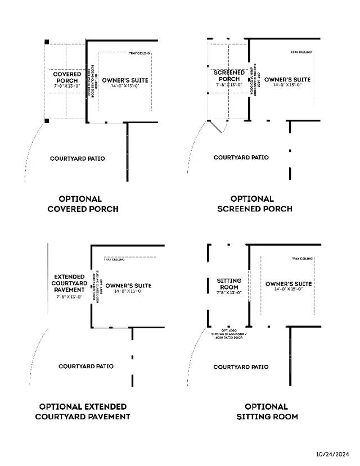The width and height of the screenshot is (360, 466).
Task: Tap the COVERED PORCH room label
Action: (66, 77)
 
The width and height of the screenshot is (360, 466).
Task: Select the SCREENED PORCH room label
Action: (229, 76)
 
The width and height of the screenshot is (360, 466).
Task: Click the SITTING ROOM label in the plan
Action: (229, 284)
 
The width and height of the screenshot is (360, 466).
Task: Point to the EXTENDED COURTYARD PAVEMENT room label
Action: (69, 283)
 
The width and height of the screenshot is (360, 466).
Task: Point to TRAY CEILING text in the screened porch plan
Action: (301, 52)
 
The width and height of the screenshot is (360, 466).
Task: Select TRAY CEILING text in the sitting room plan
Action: (302, 259)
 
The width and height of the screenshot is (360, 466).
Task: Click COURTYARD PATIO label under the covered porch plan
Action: (77, 159)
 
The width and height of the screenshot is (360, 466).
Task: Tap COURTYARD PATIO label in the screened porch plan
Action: (241, 157)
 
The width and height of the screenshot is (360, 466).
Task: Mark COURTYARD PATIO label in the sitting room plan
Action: (241, 367)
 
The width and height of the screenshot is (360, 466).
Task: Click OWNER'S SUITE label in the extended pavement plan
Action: (128, 286)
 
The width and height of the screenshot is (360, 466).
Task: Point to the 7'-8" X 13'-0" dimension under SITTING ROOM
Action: (229, 293)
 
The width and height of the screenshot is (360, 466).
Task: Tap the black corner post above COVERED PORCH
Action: (47, 42)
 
